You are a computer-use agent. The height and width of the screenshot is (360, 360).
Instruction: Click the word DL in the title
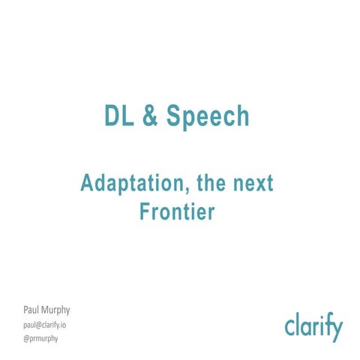click(117, 116)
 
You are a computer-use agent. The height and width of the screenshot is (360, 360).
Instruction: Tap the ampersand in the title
click(149, 116)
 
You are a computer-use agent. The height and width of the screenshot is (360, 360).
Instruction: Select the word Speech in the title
click(208, 118)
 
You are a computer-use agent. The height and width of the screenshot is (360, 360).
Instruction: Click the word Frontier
click(178, 212)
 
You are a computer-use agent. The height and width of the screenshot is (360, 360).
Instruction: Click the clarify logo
click(313, 328)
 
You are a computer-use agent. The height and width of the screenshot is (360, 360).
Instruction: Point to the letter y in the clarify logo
click(336, 331)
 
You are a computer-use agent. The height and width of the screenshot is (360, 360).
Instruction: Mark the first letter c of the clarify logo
click(289, 328)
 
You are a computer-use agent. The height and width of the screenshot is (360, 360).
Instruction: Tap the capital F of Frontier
click(145, 212)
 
